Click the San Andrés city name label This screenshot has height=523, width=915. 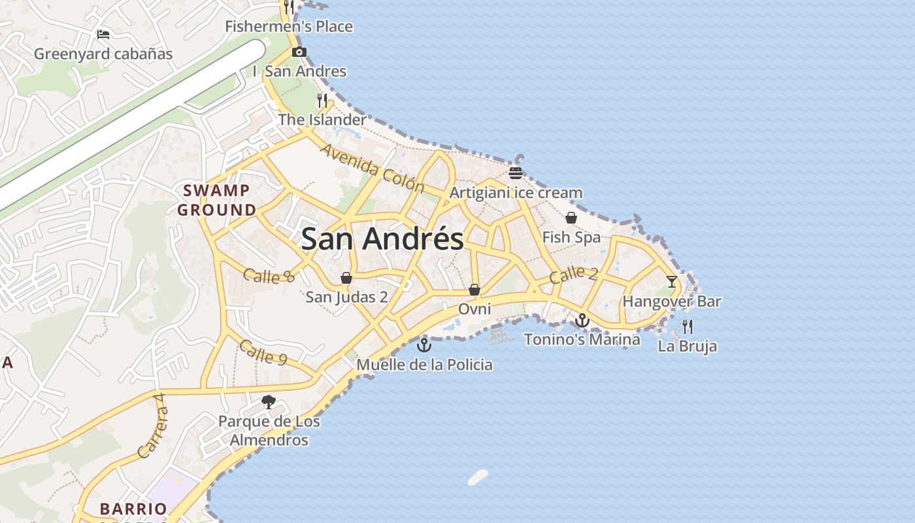click(x=382, y=239)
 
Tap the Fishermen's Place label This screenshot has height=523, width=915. click(x=289, y=27)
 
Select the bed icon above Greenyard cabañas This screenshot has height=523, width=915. click(x=103, y=35)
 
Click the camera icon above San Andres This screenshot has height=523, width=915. click(x=299, y=52)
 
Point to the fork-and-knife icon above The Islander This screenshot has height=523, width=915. click(x=322, y=101)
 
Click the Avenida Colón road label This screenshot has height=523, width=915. click(x=372, y=167)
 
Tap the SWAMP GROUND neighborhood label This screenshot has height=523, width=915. click(x=217, y=200)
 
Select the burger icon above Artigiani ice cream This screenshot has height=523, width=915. click(x=516, y=173)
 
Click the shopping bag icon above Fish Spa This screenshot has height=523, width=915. click(x=571, y=218)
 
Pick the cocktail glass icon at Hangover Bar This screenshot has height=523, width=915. click(x=672, y=282)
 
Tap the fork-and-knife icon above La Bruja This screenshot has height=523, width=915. click(x=688, y=327)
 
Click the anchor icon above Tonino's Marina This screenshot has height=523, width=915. click(x=582, y=320)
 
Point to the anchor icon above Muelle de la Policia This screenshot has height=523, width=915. click(x=424, y=345)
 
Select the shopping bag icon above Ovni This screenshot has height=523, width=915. click(x=474, y=290)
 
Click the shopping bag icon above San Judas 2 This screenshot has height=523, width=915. click(x=346, y=278)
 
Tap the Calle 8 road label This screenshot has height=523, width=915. click(x=269, y=276)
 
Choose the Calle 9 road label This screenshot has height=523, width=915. click(x=263, y=353)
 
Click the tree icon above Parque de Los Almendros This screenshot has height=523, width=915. click(x=268, y=402)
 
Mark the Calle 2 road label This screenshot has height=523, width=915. click(x=573, y=275)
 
